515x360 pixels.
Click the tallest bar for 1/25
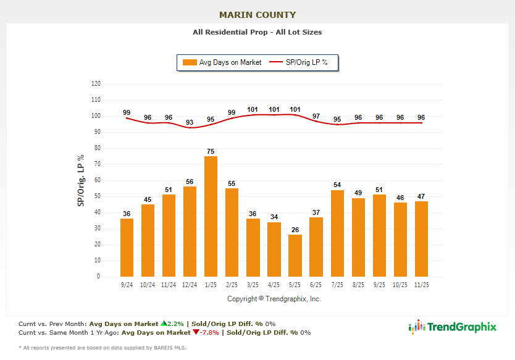211,216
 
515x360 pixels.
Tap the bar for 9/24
127,247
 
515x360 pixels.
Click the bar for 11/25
421,238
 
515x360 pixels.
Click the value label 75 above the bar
211,151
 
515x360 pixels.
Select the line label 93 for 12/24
190,122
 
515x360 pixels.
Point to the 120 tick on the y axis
96,83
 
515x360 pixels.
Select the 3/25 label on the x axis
253,285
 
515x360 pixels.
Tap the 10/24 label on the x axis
148,285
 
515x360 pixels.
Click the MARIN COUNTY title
257,15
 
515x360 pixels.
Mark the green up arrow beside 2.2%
163,323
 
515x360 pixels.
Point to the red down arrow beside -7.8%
195,332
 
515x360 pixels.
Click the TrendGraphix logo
453,327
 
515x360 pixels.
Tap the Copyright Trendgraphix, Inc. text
274,299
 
